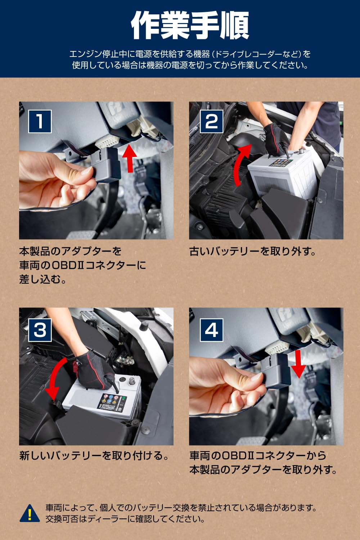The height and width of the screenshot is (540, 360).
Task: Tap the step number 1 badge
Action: click(40, 122)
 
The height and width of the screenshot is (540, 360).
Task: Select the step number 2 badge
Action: click(211, 122)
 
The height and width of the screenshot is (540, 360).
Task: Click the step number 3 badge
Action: click(40, 330)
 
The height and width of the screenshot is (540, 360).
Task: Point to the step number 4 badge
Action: click(211, 330)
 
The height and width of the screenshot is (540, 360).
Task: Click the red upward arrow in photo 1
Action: click(130, 158)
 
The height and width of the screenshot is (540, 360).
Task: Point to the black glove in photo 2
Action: click(277, 140)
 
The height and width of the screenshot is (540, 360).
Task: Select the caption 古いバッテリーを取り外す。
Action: click(252, 251)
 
